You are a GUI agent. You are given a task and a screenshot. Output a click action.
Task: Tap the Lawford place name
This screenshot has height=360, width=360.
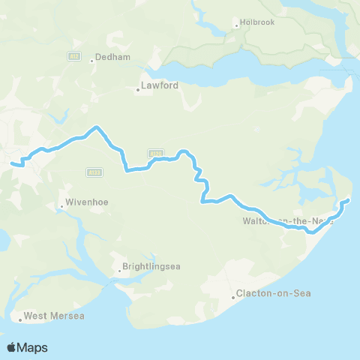pyautogui.click(x=160, y=85)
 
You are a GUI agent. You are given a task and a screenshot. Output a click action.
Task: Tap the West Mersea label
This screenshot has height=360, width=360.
pyautogui.click(x=54, y=316)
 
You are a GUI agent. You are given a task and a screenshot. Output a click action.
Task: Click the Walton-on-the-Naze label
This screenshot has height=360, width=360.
pyautogui.click(x=288, y=221)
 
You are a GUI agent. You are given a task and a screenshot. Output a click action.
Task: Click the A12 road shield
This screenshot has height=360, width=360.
pyautogui.click(x=73, y=55)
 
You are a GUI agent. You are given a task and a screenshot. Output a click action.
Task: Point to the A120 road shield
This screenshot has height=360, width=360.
pyautogui.click(x=155, y=153)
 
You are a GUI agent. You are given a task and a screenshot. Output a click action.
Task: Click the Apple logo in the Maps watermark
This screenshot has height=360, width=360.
pyautogui.click(x=12, y=347)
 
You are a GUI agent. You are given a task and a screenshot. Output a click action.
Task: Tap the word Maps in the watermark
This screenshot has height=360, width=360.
pyautogui.click(x=33, y=347)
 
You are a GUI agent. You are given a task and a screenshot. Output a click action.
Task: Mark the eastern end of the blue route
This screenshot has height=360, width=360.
pyautogui.click(x=348, y=200)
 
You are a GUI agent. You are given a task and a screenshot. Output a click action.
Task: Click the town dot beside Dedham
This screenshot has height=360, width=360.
pyautogui.click(x=91, y=61)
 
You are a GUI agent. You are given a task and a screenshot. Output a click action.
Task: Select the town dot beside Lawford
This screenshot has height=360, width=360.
pyautogui.click(x=137, y=90)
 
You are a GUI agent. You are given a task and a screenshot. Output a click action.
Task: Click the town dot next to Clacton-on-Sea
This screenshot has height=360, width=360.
pyautogui.click(x=232, y=298)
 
